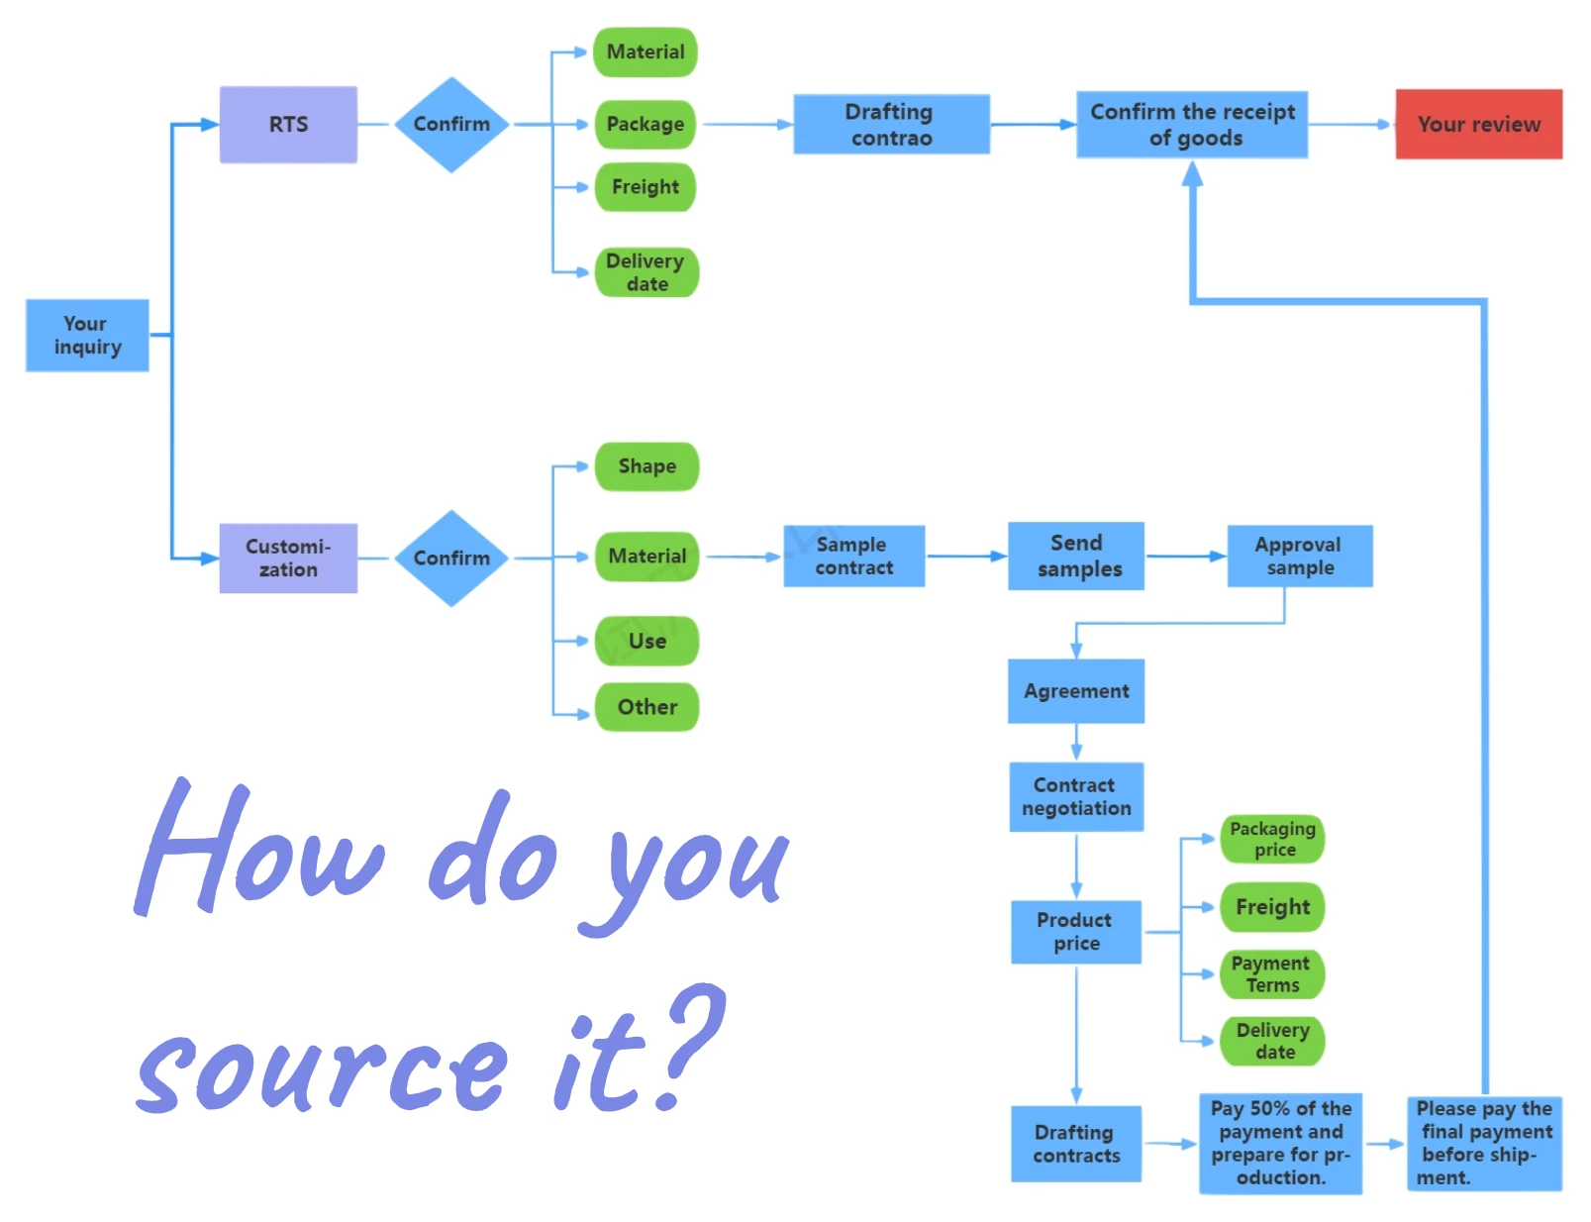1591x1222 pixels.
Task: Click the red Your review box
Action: tap(1478, 124)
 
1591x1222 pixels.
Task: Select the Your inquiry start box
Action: tap(87, 335)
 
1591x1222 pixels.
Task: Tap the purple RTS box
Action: tap(288, 124)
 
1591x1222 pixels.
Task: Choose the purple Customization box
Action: tap(288, 558)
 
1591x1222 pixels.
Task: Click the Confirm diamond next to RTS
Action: tap(451, 124)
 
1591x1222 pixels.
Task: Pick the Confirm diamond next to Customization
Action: tap(451, 558)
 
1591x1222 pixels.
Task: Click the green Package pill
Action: tap(646, 124)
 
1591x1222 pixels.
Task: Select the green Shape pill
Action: tap(646, 465)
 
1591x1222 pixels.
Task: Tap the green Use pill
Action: tap(646, 641)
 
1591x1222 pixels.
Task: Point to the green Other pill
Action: tap(646, 706)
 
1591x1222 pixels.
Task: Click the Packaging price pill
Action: tap(1272, 839)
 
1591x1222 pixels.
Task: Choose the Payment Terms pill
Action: tap(1271, 973)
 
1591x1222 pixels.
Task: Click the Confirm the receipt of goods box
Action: tap(1192, 125)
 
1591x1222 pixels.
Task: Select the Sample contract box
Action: tap(853, 556)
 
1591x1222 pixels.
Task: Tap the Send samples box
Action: tap(1076, 556)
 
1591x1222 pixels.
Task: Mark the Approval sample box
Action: tap(1299, 556)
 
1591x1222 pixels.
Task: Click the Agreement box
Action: tap(1076, 690)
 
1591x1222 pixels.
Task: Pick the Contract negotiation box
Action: tap(1076, 796)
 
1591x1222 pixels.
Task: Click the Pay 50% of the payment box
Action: tap(1280, 1143)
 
